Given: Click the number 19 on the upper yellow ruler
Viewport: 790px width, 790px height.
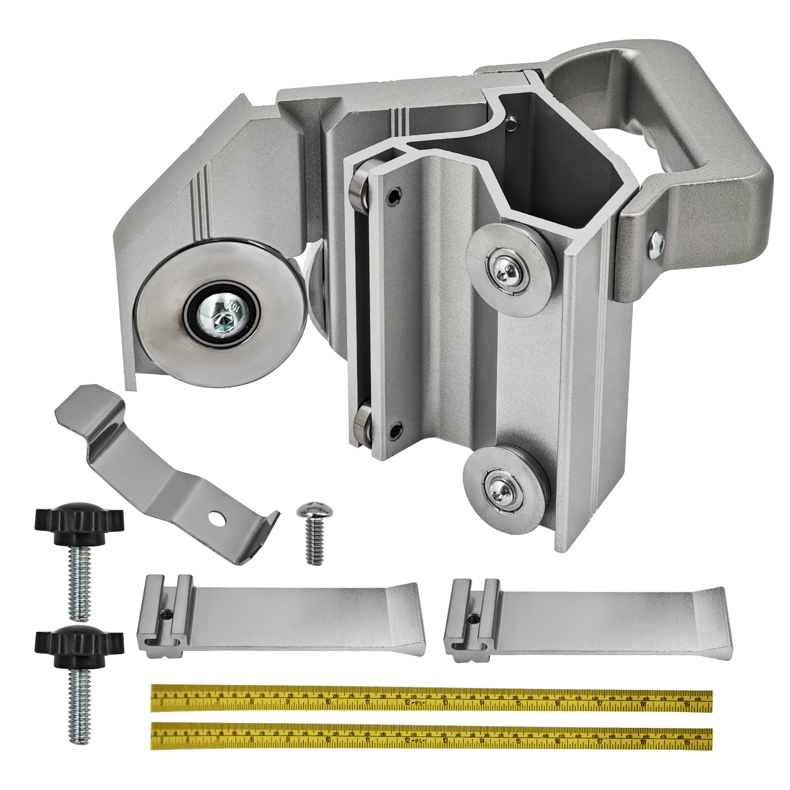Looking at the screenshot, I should pyautogui.click(x=686, y=703).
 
